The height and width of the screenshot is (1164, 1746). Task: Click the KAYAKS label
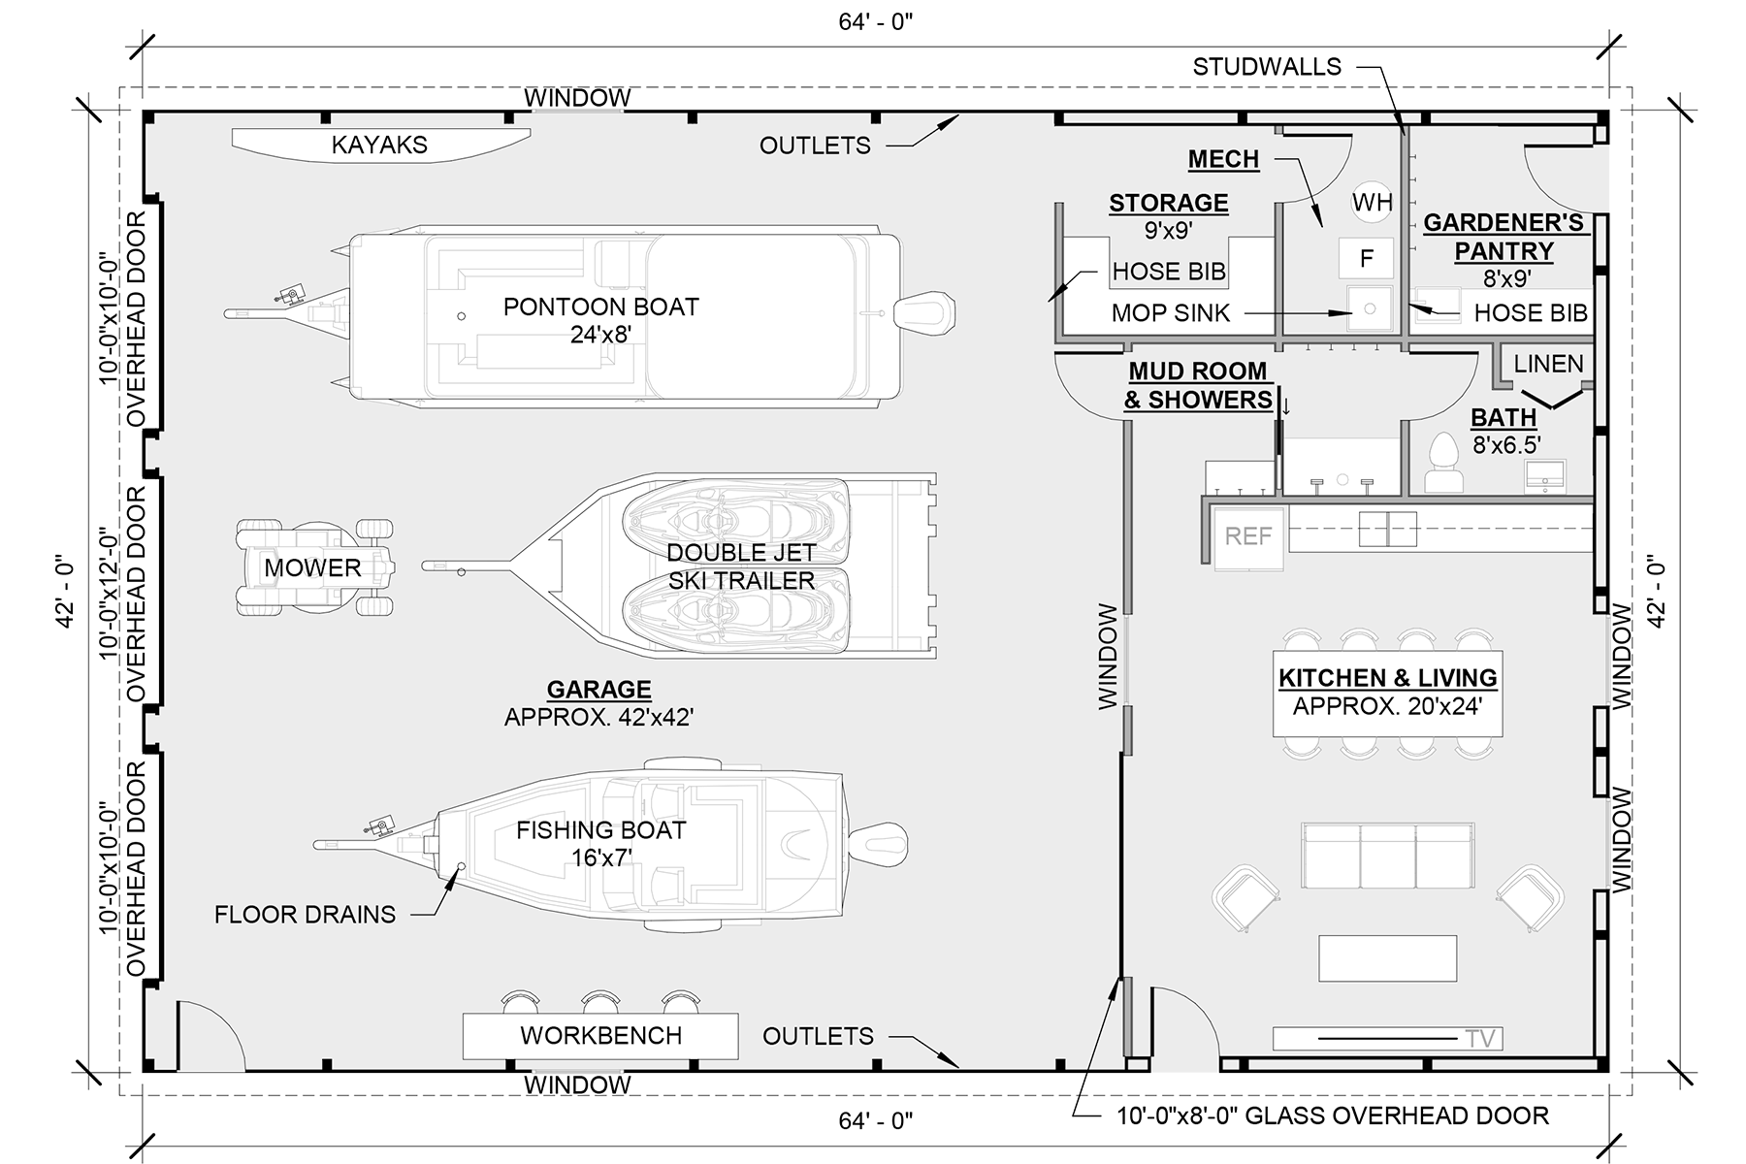pyautogui.click(x=379, y=145)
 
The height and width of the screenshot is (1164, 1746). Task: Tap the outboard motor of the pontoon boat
pyautogui.click(x=926, y=312)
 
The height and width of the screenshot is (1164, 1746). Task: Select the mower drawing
pyautogui.click(x=315, y=567)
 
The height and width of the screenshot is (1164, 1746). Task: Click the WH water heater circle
pyautogui.click(x=1372, y=202)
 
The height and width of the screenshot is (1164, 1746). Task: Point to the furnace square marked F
pyautogui.click(x=1366, y=258)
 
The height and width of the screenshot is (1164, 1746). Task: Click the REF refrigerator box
pyautogui.click(x=1247, y=536)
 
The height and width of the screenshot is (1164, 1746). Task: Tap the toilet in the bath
pyautogui.click(x=1442, y=463)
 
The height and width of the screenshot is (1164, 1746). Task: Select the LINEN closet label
pyautogui.click(x=1548, y=364)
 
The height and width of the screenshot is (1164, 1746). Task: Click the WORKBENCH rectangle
pyautogui.click(x=599, y=1036)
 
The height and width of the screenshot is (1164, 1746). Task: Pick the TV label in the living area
pyautogui.click(x=1480, y=1039)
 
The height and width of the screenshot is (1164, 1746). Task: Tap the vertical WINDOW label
pyautogui.click(x=1108, y=657)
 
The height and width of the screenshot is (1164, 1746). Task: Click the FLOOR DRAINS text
pyautogui.click(x=305, y=915)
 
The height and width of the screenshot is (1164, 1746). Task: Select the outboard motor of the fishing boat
pyautogui.click(x=880, y=842)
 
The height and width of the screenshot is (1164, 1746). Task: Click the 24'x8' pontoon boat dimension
pyautogui.click(x=600, y=335)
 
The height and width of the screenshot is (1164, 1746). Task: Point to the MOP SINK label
pyautogui.click(x=1170, y=313)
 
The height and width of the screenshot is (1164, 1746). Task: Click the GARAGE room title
pyautogui.click(x=598, y=690)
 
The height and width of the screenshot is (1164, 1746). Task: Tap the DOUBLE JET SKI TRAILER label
pyautogui.click(x=741, y=566)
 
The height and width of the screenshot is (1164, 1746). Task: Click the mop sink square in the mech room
pyautogui.click(x=1369, y=309)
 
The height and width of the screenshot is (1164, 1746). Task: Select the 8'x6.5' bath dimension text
pyautogui.click(x=1506, y=445)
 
